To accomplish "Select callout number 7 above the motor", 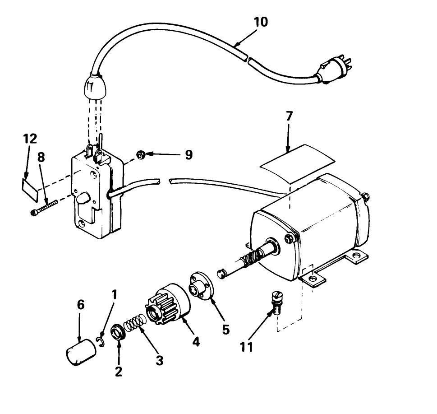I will coord(289,116).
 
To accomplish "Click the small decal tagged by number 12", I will coord(28,186).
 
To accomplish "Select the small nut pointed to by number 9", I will coord(140,155).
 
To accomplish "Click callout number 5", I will coord(225,329).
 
